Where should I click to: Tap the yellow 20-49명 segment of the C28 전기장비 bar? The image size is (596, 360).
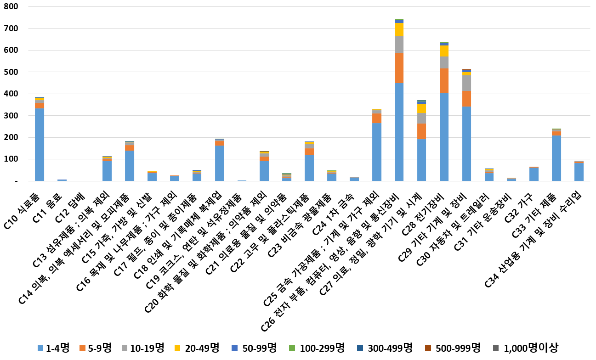(444, 51)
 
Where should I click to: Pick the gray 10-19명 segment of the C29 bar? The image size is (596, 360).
(467, 83)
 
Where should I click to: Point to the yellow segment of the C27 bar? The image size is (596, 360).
(422, 108)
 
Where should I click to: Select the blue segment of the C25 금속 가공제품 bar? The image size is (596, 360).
(377, 152)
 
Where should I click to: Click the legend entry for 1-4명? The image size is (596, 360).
(53, 348)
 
